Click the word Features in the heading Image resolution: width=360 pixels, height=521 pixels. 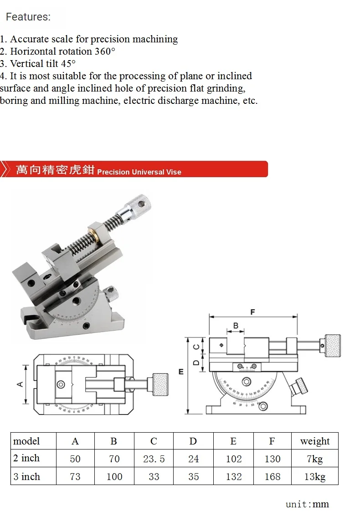pyautogui.click(x=27, y=17)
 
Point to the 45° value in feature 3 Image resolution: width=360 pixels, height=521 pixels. pyautogui.click(x=68, y=64)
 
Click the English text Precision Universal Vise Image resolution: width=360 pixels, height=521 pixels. pyautogui.click(x=139, y=172)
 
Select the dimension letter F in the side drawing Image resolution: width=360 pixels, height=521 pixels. pyautogui.click(x=252, y=312)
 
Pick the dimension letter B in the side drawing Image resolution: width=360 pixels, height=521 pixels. pyautogui.click(x=236, y=326)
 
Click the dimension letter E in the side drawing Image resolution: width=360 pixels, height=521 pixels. pyautogui.click(x=181, y=372)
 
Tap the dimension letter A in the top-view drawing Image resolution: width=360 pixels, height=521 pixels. pyautogui.click(x=20, y=384)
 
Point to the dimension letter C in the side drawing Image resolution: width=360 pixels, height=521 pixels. pyautogui.click(x=196, y=346)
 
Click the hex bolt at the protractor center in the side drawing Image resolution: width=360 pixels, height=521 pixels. pyautogui.click(x=247, y=382)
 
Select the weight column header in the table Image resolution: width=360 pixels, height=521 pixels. pyautogui.click(x=315, y=441)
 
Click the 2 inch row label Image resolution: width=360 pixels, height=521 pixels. pyautogui.click(x=26, y=458)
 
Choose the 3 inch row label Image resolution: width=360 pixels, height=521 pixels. pyautogui.click(x=26, y=477)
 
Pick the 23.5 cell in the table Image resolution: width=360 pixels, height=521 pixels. pyautogui.click(x=154, y=459)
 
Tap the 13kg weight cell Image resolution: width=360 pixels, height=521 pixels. pyautogui.click(x=315, y=477)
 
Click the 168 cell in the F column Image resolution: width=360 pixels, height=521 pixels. pyautogui.click(x=272, y=477)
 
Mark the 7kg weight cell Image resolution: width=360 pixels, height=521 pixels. pyautogui.click(x=315, y=459)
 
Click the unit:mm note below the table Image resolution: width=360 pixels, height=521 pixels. pyautogui.click(x=307, y=504)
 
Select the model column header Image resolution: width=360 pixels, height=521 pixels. pyautogui.click(x=26, y=441)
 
